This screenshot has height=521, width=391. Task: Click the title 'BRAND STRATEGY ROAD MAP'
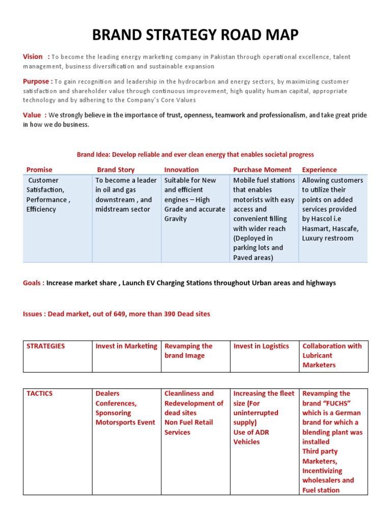coord(195,35)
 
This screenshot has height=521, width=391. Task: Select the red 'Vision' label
coord(33,56)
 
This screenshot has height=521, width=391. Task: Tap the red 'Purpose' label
coord(36,81)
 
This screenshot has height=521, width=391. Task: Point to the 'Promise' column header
coord(39,169)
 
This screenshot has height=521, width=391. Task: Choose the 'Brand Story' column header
coord(116,169)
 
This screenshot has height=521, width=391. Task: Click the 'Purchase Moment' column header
coord(262,169)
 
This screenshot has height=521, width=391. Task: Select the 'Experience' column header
coord(319,169)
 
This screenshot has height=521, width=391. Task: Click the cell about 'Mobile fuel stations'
coord(264,219)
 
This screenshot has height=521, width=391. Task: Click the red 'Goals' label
coord(33,283)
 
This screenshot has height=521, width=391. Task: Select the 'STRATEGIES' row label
coord(46,346)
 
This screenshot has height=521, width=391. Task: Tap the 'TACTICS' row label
coord(39,393)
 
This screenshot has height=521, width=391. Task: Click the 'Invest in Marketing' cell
coord(126,346)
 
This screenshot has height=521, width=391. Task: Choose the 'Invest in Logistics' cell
coord(261,346)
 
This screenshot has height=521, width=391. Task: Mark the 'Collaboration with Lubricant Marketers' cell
coord(332,355)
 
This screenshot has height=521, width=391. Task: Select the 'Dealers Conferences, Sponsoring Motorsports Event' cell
coord(125,408)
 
